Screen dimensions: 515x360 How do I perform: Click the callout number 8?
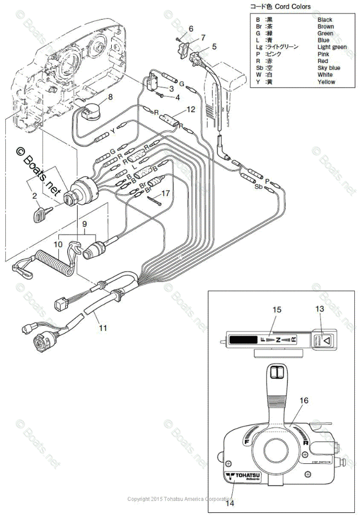coord(110,97)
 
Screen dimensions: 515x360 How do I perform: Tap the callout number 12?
coord(190,109)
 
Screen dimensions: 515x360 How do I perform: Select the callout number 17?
coord(165,193)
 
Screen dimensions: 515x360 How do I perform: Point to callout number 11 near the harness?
coord(103,328)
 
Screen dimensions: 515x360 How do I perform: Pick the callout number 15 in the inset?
coord(277,310)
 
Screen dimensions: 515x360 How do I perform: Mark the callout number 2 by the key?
coord(34,196)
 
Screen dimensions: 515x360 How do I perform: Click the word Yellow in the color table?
coord(327,82)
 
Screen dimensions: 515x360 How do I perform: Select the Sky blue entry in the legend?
coord(329,68)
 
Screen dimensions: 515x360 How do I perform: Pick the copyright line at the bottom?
coord(180,499)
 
